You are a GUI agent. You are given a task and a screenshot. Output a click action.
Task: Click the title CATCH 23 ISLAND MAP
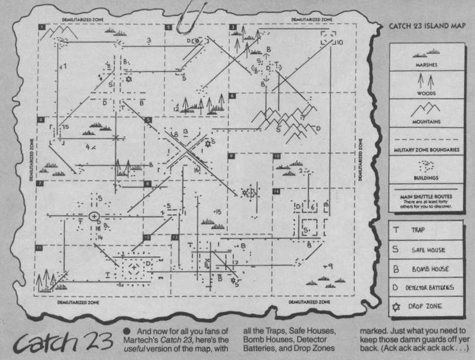423,26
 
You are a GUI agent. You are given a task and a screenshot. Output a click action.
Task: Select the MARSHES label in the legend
425,65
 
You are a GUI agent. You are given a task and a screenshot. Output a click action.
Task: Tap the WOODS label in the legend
425,93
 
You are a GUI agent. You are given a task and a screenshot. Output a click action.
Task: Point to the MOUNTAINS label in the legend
425,121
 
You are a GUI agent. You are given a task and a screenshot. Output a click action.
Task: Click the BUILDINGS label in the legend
425,178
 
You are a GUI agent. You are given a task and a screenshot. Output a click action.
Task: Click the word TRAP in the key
418,230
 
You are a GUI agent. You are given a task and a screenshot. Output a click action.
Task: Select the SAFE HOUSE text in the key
428,250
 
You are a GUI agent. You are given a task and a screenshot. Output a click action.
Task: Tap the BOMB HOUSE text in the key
431,269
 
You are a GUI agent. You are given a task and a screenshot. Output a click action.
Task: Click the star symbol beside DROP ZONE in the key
396,306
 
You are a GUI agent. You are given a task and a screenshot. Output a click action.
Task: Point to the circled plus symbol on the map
94,215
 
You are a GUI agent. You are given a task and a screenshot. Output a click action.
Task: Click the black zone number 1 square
42,28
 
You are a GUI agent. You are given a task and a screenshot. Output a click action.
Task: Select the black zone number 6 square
232,95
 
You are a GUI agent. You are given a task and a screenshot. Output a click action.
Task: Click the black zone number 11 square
38,247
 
